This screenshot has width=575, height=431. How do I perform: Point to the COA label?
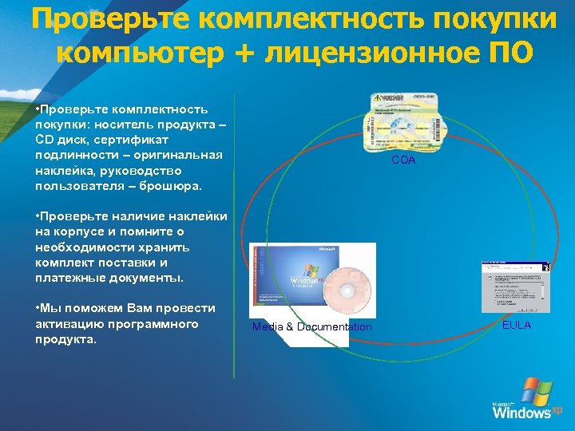click(x=402, y=160)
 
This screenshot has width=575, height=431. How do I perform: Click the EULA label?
click(x=517, y=325)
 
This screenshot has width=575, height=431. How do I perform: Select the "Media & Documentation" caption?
click(x=311, y=326)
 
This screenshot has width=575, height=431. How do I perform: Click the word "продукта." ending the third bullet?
click(x=65, y=338)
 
